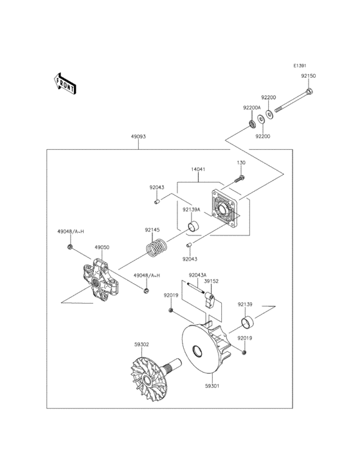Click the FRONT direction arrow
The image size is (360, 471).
tap(64, 82)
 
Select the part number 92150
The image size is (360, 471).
tap(309, 76)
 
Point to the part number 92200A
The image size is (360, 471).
tap(251, 108)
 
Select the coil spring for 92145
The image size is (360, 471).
tap(156, 248)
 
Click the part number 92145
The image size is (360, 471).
tap(152, 230)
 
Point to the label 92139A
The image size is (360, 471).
tap(192, 210)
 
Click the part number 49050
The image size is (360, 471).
tap(102, 247)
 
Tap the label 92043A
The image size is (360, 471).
tap(197, 275)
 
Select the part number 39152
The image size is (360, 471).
tap(212, 281)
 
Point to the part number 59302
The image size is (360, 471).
tap(142, 345)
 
